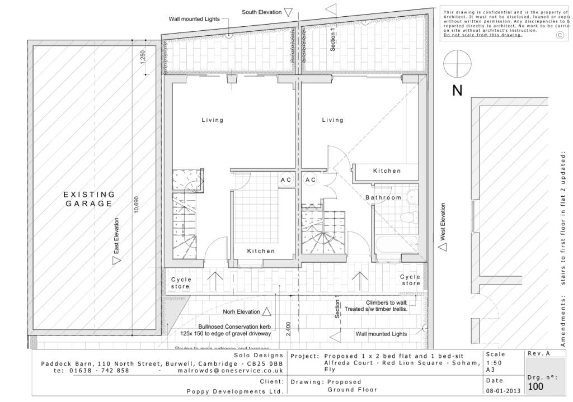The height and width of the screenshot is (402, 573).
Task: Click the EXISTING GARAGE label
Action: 89,199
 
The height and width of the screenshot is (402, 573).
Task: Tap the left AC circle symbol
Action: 286,179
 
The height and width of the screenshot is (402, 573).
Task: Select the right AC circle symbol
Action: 311,179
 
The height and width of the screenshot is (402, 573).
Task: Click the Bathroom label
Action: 383,197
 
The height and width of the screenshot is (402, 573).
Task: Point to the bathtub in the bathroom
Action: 398,243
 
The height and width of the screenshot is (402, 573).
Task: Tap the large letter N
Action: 457,91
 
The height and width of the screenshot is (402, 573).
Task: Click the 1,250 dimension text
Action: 143,58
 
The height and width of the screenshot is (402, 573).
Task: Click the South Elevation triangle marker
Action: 288,12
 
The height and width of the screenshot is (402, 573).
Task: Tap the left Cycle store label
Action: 181,282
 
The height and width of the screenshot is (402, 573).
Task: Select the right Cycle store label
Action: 410,280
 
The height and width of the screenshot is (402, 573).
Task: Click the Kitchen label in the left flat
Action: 261,251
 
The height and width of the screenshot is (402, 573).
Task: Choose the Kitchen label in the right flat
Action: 387,171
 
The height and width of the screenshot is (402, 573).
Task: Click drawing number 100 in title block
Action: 536,386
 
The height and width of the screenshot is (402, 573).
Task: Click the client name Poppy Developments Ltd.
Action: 234,391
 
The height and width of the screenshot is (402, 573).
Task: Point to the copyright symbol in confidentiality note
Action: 560,35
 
